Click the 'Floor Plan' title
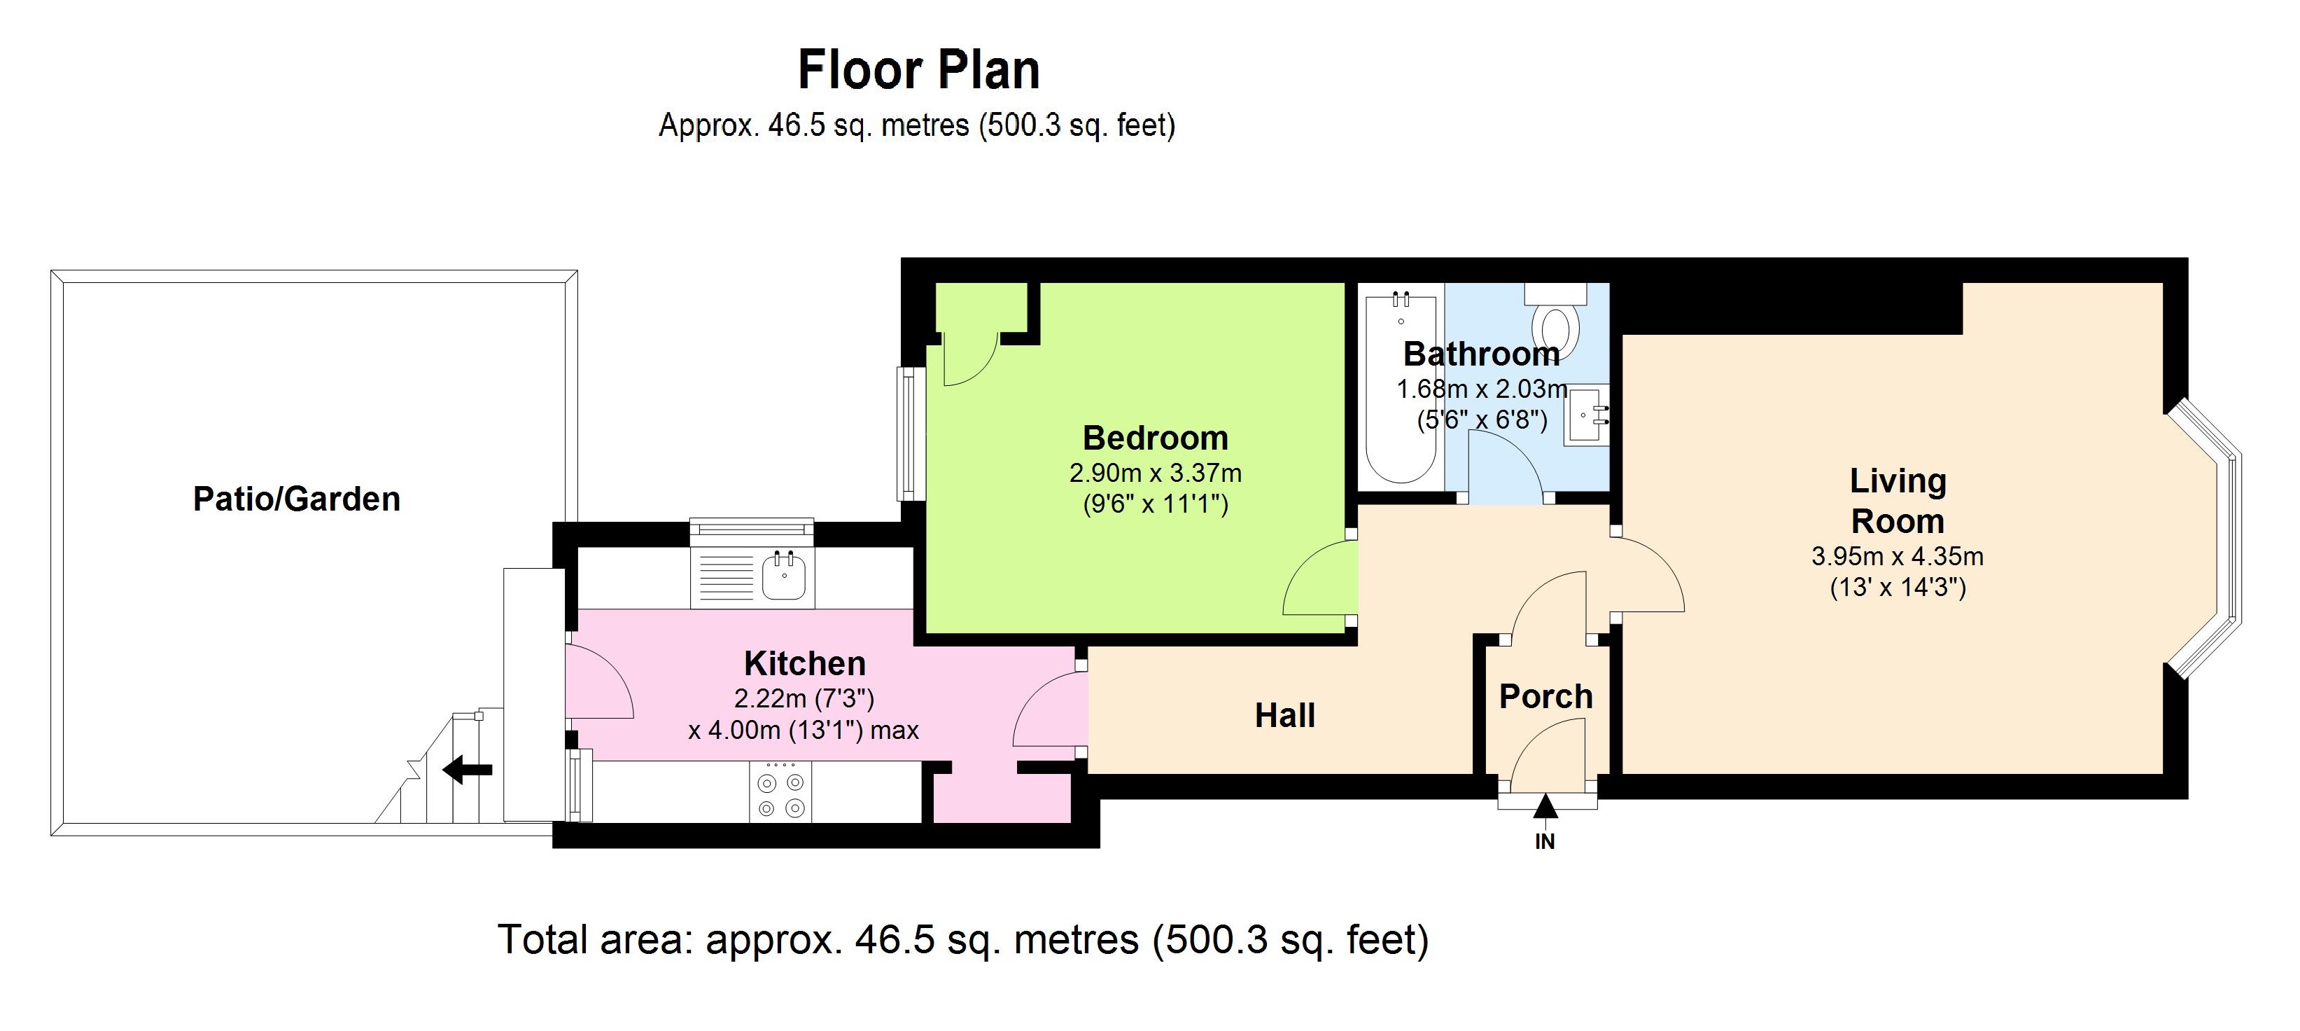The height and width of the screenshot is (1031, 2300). [919, 69]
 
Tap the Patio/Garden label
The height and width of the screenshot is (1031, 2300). [297, 499]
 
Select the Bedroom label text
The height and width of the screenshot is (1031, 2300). [1156, 438]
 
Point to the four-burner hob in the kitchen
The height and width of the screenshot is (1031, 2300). [780, 792]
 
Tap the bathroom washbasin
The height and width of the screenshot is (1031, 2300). [1587, 415]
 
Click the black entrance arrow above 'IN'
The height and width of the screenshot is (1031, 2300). [1545, 807]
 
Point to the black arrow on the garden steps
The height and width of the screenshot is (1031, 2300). [467, 769]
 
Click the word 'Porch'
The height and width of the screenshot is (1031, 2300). [1545, 696]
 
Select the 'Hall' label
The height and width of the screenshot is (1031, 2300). [1285, 716]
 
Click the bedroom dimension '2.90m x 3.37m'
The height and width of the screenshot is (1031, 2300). [1156, 473]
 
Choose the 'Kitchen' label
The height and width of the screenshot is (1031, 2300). [804, 664]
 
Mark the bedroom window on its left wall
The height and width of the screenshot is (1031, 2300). [910, 434]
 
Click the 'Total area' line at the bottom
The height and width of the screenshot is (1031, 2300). [962, 939]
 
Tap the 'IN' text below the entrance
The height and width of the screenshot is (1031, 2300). [1545, 842]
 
